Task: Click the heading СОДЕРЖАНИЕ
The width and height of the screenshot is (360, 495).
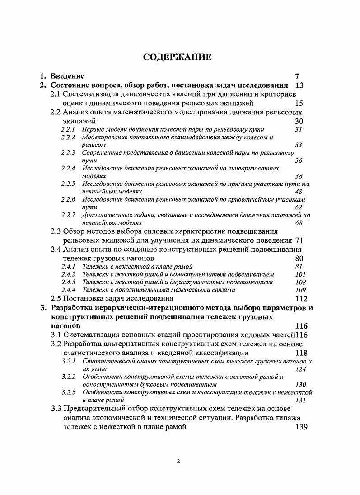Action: pos(177,57)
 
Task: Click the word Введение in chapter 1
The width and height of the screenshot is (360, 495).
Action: pos(67,76)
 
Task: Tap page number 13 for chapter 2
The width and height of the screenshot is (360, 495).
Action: pos(299,85)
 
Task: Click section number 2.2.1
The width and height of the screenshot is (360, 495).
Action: pos(68,129)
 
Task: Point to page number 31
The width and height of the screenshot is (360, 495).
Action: pos(298,129)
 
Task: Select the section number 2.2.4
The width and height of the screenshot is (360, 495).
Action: pos(68,168)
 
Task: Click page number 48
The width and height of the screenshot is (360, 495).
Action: pos(299,191)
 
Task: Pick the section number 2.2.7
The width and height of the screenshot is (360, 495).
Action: pos(68,215)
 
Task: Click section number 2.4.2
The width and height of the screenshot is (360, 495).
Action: pos(68,274)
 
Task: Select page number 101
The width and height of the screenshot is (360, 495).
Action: pos(300,274)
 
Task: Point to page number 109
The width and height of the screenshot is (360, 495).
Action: pos(300,290)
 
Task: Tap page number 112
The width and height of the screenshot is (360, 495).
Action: pos(301,298)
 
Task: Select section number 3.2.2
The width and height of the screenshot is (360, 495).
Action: pos(69,376)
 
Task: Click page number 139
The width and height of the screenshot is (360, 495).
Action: pos(301,427)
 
